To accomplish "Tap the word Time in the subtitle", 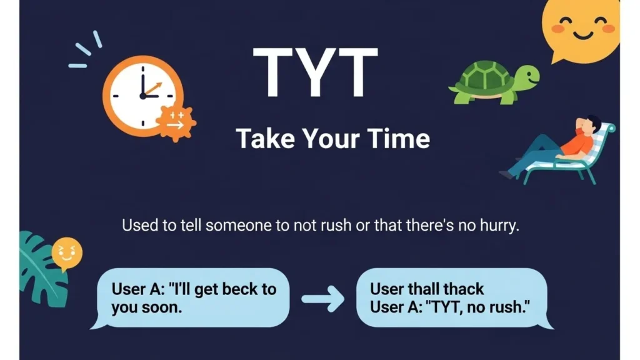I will click(398, 138).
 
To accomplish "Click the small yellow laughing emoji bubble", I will click(66, 253).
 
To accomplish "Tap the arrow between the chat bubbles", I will click(322, 299).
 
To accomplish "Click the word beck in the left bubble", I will click(241, 289).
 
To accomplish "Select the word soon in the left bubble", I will click(152, 307).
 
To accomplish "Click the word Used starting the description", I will click(140, 226).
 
